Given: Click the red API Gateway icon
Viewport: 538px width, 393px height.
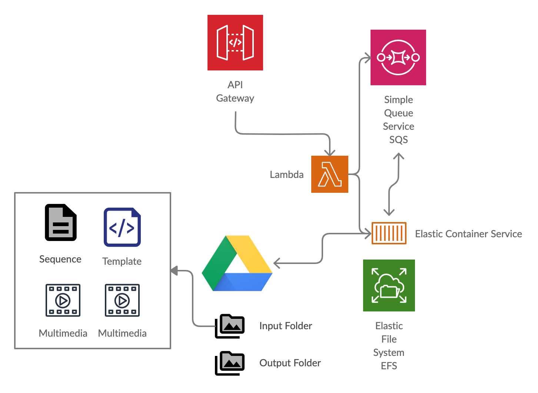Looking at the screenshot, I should [x=235, y=43].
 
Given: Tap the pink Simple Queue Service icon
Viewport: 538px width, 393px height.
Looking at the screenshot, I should [x=398, y=57].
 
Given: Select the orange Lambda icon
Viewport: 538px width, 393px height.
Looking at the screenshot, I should [x=330, y=174].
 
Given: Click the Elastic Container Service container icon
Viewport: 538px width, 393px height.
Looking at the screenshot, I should [x=389, y=233].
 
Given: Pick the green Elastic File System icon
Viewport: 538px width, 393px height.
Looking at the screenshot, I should [x=389, y=285].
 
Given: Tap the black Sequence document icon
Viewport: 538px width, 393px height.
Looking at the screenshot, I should [x=61, y=222].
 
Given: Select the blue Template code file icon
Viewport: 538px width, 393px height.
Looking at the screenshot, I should [x=122, y=227].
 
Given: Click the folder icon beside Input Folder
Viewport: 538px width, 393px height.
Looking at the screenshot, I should [x=230, y=326].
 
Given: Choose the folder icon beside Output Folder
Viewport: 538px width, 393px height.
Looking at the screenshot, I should [x=230, y=363].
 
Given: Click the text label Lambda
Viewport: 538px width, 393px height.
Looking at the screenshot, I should [x=286, y=175].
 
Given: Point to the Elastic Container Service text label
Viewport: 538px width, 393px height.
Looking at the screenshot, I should [x=468, y=234].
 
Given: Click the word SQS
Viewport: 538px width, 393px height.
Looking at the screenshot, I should [x=398, y=140].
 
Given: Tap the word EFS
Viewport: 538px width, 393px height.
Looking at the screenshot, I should [x=389, y=366].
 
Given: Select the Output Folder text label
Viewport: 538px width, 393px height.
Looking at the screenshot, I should [x=290, y=363].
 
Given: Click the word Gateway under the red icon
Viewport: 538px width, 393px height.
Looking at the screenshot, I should [x=235, y=98].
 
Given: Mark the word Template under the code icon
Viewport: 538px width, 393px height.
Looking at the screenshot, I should [x=122, y=261].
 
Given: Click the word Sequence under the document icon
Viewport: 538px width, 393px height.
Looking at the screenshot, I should [x=60, y=259].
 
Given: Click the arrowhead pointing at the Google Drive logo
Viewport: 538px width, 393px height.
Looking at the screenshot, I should [x=276, y=263].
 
